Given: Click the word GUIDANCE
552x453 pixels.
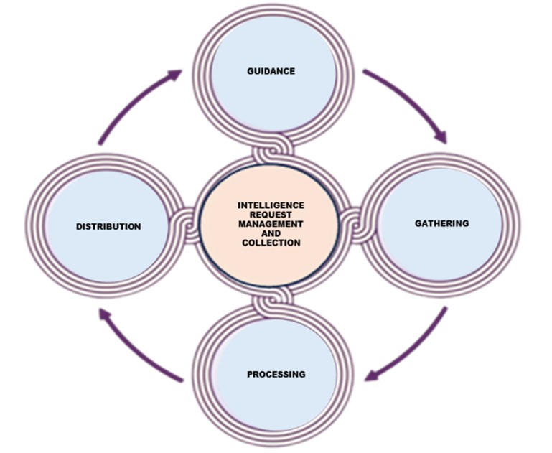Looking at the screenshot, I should click(271, 71).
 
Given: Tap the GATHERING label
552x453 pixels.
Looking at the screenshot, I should click(441, 223).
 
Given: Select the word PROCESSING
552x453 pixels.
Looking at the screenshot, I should click(276, 374).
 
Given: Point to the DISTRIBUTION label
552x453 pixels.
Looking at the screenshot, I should click(108, 227).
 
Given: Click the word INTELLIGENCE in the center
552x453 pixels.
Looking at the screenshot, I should click(271, 205).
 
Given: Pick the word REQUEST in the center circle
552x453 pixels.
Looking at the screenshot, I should click(271, 215).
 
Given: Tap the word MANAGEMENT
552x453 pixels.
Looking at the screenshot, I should click(271, 225).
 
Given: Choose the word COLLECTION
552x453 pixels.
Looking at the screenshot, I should click(271, 243).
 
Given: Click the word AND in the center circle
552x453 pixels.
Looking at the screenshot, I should click(271, 234).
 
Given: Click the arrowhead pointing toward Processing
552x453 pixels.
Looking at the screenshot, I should click(374, 374).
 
